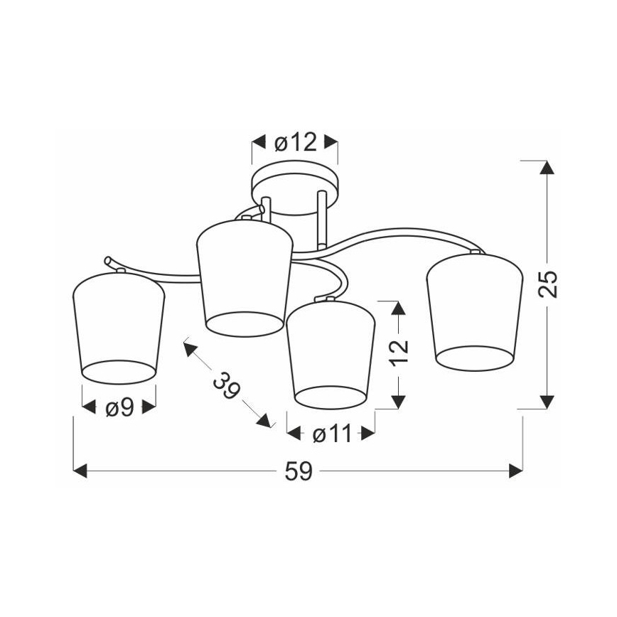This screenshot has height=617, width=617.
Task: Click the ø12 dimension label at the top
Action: pyautogui.click(x=294, y=143)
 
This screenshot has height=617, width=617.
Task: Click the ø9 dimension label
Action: pyautogui.click(x=119, y=408)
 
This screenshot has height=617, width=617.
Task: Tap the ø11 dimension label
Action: pyautogui.click(x=331, y=434)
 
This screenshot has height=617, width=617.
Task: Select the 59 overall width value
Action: pyautogui.click(x=299, y=471)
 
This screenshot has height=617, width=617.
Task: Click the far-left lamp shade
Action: pyautogui.click(x=119, y=327)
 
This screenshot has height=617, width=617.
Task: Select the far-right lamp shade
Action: pyautogui.click(x=472, y=311)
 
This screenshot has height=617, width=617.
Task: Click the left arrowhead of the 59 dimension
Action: pyautogui.click(x=80, y=471)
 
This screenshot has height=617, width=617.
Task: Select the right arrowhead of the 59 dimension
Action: pyautogui.click(x=517, y=471)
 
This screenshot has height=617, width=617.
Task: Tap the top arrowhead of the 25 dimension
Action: pyautogui.click(x=547, y=168)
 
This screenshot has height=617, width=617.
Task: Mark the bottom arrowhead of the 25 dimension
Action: pyautogui.click(x=547, y=402)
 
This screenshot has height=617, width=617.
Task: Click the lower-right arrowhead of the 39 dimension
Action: pyautogui.click(x=265, y=422)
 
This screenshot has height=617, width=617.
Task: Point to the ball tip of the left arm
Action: pyautogui.click(x=107, y=260)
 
